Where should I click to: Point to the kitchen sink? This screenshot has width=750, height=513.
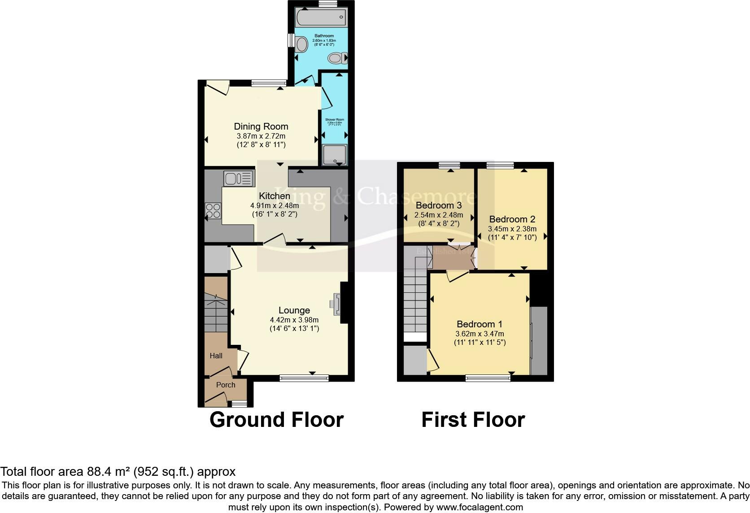tap(238, 179)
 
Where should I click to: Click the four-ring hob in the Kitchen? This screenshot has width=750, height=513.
tap(214, 210)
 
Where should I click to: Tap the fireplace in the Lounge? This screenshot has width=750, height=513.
tap(336, 304)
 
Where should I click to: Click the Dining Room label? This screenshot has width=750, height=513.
tap(261, 126)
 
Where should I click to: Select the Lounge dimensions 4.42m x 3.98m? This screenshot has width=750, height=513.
tap(294, 320)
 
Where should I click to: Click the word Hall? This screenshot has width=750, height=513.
tap(216, 356)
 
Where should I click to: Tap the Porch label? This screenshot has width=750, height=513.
tap(226, 385)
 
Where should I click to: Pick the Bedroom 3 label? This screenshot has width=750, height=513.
tap(439, 205)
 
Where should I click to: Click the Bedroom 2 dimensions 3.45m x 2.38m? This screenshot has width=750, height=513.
tap(512, 229)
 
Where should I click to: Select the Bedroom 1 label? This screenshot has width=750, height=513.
tap(480, 324)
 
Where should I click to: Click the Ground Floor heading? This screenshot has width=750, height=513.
tap(276, 420)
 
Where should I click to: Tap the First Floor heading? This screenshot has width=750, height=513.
tap(473, 420)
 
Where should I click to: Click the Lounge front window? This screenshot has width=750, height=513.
tap(304, 378)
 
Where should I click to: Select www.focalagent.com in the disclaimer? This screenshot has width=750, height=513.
tap(480, 508)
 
